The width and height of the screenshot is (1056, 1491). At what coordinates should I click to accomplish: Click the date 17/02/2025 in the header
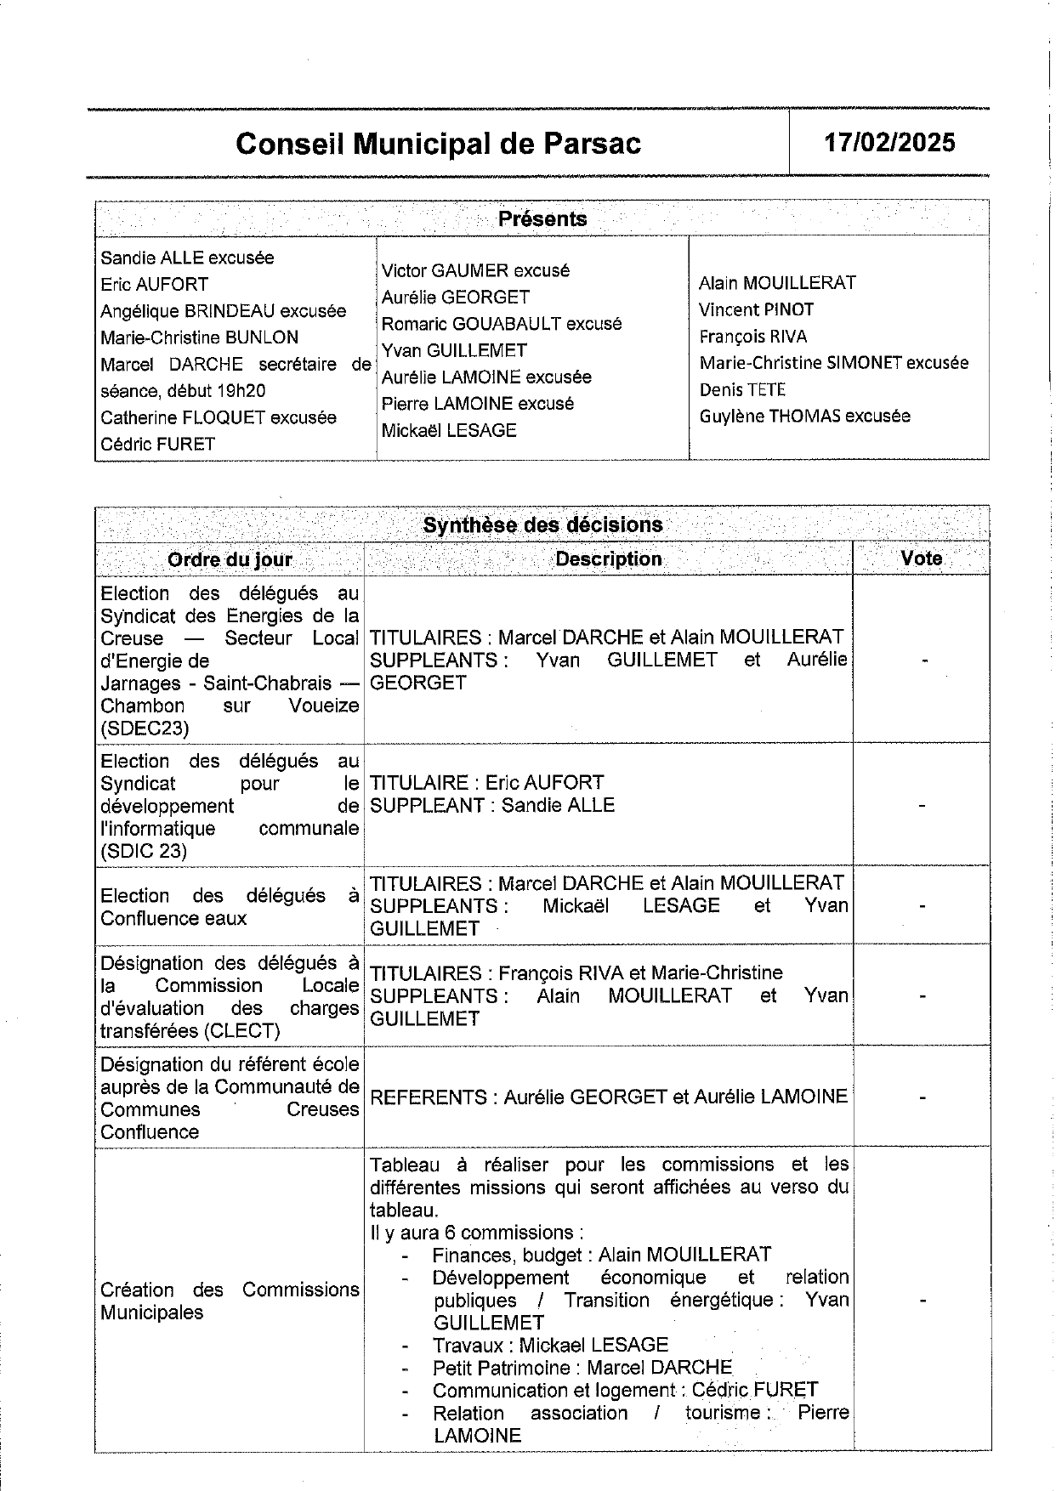point(889,142)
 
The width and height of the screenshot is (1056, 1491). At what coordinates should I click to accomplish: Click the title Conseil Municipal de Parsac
point(438,144)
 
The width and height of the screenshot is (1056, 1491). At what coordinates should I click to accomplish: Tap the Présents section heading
point(542,218)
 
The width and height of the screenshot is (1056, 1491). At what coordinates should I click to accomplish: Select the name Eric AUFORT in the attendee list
point(154,284)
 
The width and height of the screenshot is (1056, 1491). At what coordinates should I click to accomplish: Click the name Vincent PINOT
point(756,309)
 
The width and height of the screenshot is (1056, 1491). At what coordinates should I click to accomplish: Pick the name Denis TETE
point(742,389)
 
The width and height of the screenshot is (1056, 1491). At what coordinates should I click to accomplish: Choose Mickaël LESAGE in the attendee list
point(448,430)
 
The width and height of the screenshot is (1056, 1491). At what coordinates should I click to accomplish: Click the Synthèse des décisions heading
point(542,524)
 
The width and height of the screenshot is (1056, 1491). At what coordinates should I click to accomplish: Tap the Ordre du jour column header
point(230,559)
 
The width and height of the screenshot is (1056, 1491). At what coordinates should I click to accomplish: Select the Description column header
point(608,558)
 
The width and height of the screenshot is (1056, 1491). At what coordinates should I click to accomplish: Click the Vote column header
point(922,558)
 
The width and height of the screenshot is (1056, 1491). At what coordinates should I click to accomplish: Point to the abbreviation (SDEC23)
point(145,728)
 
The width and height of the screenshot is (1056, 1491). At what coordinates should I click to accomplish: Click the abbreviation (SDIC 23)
point(144,851)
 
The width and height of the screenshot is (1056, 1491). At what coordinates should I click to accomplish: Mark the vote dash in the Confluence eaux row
point(923,906)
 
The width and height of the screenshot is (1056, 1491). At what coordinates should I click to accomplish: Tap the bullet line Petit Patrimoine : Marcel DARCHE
point(582,1368)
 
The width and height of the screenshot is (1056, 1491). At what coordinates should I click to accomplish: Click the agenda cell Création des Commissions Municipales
point(230,1301)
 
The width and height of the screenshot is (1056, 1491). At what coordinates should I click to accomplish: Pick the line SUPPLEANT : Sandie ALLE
point(492,805)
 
